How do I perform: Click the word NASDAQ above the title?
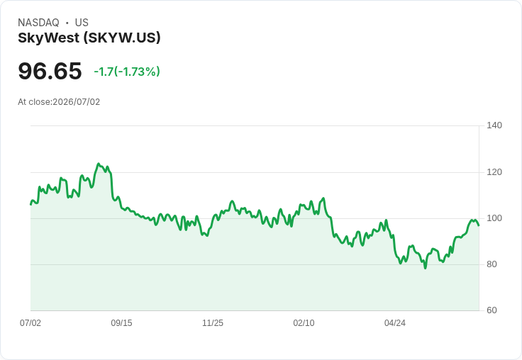pyautogui.click(x=38, y=23)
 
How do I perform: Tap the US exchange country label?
pyautogui.click(x=82, y=23)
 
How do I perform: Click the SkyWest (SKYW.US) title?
pyautogui.click(x=89, y=38)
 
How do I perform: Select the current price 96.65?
pyautogui.click(x=50, y=71)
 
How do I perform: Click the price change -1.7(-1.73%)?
pyautogui.click(x=127, y=72)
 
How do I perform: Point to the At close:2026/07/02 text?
pyautogui.click(x=59, y=102)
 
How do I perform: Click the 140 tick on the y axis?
pyautogui.click(x=494, y=125)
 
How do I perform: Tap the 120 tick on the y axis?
pyautogui.click(x=494, y=172)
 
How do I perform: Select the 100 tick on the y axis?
pyautogui.click(x=494, y=218)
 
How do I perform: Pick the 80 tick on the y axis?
pyautogui.click(x=492, y=264)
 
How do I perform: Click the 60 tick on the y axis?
pyautogui.click(x=492, y=310)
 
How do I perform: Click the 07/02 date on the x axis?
pyautogui.click(x=30, y=323)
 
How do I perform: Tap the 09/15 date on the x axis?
pyautogui.click(x=121, y=323)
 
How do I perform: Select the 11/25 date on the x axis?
pyautogui.click(x=213, y=323)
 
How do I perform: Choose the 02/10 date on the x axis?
pyautogui.click(x=304, y=323)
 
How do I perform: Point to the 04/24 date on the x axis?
pyautogui.click(x=395, y=323)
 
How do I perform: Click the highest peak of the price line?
pyautogui.click(x=98, y=164)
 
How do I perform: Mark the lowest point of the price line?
pyautogui.click(x=426, y=268)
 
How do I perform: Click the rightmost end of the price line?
pyautogui.click(x=479, y=225)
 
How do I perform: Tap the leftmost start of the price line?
pyautogui.click(x=31, y=205)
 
